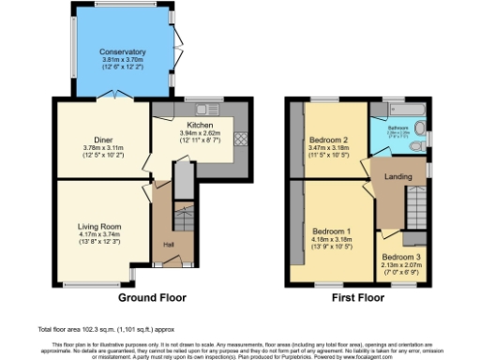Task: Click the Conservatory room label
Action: [x=124, y=52]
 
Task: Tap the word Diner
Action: [x=103, y=140]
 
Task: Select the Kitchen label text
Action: [x=199, y=126]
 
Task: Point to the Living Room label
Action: [x=98, y=226]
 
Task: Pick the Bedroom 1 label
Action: [x=331, y=231]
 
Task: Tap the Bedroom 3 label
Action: [x=400, y=256]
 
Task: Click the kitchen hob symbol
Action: [x=238, y=138]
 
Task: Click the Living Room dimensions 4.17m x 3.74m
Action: [x=98, y=234]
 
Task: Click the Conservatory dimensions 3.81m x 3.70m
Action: [x=124, y=60]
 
